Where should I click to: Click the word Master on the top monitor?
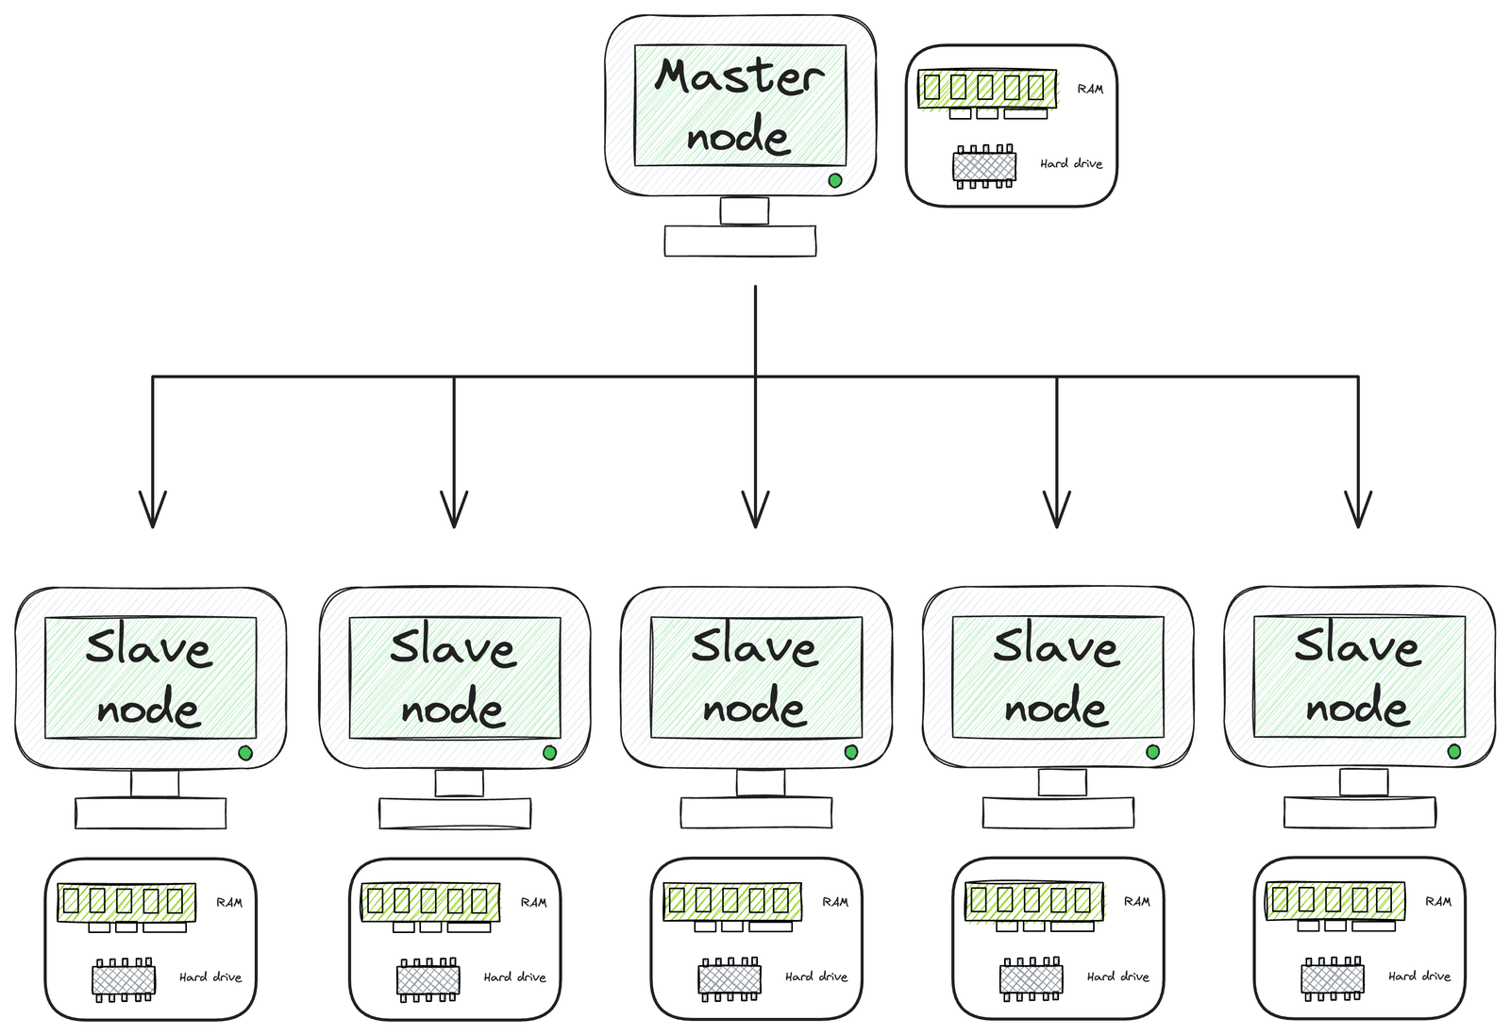(739, 76)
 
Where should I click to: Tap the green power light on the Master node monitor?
(834, 180)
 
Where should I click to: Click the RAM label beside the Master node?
(1090, 89)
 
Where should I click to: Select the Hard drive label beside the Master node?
(1071, 163)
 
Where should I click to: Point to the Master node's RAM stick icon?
(987, 89)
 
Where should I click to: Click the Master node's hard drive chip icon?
(984, 167)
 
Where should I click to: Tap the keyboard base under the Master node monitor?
(740, 241)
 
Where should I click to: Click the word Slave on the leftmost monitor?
(148, 648)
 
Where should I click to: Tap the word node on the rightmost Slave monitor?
(1357, 707)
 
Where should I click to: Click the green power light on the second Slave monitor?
(549, 753)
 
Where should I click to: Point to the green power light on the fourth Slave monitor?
(1152, 752)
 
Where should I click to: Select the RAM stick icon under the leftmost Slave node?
(126, 902)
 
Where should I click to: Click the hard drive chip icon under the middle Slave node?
(730, 979)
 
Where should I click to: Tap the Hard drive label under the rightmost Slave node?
(1419, 977)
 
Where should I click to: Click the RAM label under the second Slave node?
(534, 903)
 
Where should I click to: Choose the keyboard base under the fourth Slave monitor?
(1058, 812)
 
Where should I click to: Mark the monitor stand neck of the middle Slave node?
(761, 782)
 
